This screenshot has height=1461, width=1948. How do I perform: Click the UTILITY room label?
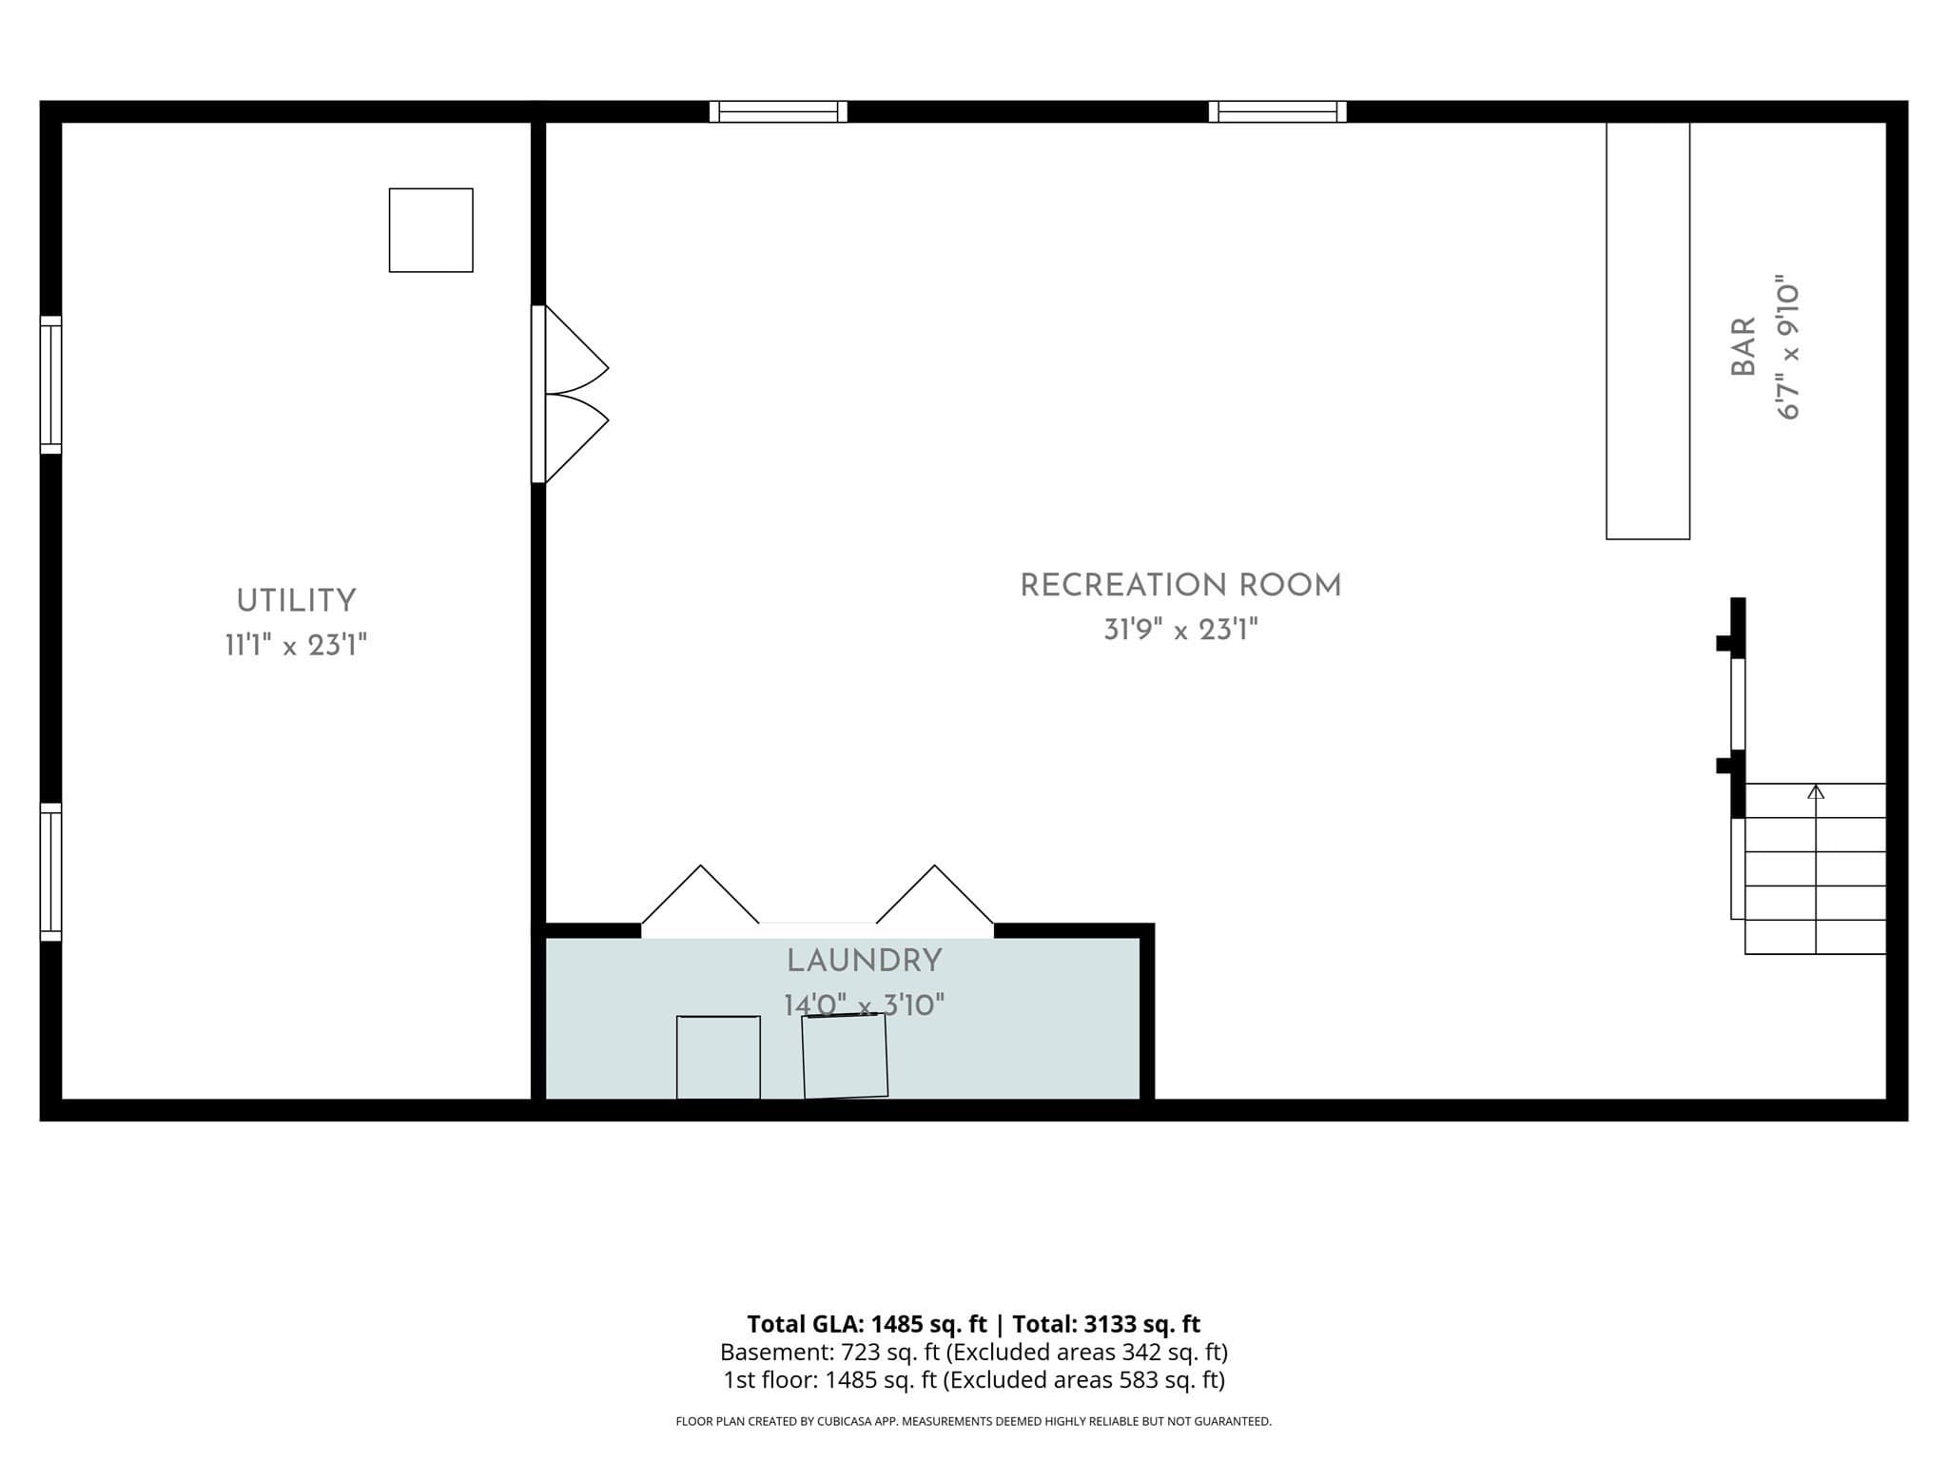click(296, 601)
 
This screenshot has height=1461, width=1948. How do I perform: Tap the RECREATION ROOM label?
click(1180, 586)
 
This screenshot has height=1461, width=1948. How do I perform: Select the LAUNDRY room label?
click(864, 962)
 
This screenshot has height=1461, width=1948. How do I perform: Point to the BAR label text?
click(1743, 347)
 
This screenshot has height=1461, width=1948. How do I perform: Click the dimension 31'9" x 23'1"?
click(1180, 630)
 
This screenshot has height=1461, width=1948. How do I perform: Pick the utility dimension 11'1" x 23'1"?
click(296, 646)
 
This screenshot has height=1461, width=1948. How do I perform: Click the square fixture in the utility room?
click(431, 230)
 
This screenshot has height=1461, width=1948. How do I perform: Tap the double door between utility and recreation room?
click(570, 394)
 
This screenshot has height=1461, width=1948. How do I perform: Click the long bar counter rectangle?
click(1648, 330)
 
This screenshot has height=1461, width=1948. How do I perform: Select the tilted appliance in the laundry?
click(845, 1056)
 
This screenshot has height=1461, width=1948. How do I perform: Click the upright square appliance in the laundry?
click(718, 1058)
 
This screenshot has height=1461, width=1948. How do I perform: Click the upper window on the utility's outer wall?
click(50, 385)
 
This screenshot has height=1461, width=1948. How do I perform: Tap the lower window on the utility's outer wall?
click(50, 872)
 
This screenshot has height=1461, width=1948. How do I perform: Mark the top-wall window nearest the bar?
click(1277, 111)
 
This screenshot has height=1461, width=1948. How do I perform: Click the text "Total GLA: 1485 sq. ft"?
click(867, 1324)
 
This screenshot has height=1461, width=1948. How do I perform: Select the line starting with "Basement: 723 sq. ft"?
click(974, 1352)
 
